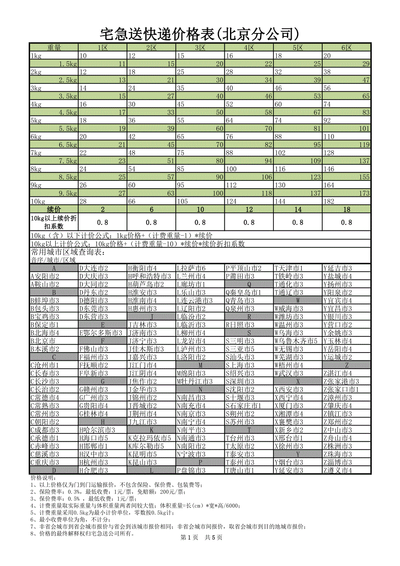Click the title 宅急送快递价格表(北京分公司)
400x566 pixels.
click(x=200, y=33)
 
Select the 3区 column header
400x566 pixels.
click(x=200, y=47)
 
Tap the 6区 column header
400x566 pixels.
click(x=347, y=47)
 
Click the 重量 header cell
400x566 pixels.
click(x=54, y=47)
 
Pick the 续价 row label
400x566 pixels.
click(x=54, y=210)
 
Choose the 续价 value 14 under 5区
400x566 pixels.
click(x=298, y=210)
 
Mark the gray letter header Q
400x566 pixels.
click(x=249, y=284)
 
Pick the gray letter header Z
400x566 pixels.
click(x=347, y=366)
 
